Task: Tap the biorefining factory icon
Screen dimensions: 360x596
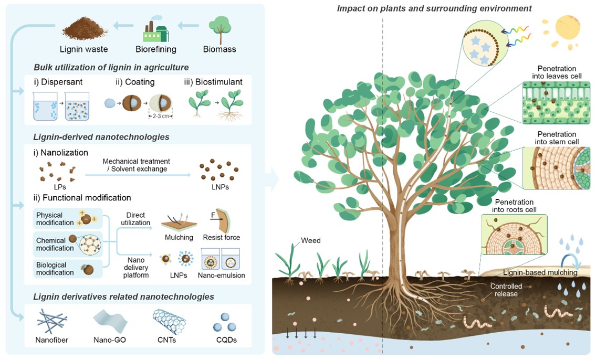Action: point(156,29)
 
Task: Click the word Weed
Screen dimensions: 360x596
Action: point(310,241)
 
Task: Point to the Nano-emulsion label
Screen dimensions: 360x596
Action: point(221,275)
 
